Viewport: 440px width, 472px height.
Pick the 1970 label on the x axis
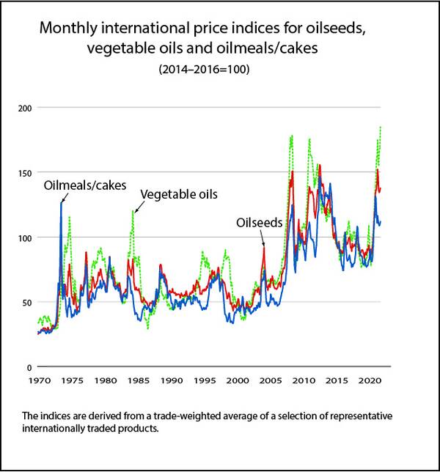pyautogui.click(x=38, y=381)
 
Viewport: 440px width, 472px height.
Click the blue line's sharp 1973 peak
pyautogui.click(x=61, y=203)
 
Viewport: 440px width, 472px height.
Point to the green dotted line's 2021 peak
pyautogui.click(x=381, y=128)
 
